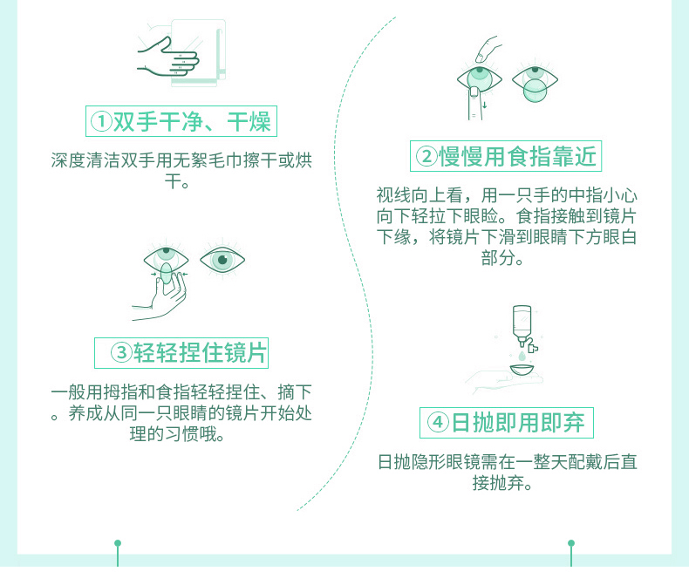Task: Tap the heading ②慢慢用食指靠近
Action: pos(506,156)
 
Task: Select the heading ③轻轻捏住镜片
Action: pos(181,352)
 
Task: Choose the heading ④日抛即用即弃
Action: pos(506,423)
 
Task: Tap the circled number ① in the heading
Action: pos(102,121)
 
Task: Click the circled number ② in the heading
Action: pos(426,157)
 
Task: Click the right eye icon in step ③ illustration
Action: pos(222,259)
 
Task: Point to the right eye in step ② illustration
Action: pos(534,83)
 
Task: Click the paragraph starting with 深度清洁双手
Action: pos(181,171)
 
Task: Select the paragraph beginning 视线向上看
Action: pos(506,225)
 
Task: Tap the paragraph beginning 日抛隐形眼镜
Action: pos(506,471)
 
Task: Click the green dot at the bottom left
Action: pos(118,543)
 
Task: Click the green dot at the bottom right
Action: pos(571,543)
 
